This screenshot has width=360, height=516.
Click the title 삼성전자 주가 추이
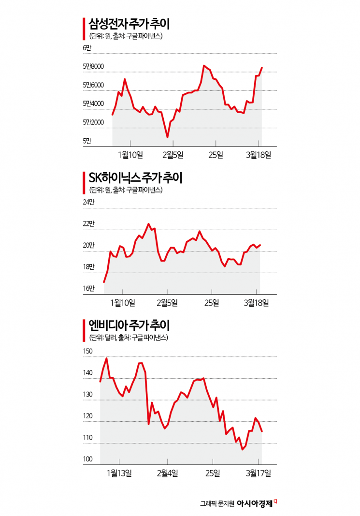pyautogui.click(x=129, y=24)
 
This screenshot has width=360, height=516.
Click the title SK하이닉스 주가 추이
pyautogui.click(x=135, y=178)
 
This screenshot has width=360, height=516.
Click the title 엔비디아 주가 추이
pyautogui.click(x=129, y=325)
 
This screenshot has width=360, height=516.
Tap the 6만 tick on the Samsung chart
pyautogui.click(x=87, y=48)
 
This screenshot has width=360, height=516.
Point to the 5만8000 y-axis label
pyautogui.click(x=93, y=66)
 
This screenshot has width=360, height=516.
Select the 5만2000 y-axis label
pyautogui.click(x=93, y=122)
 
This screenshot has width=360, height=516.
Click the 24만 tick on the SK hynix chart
pyautogui.click(x=89, y=202)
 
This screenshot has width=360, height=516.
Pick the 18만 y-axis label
pyautogui.click(x=89, y=267)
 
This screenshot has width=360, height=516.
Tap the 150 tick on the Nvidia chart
pyautogui.click(x=88, y=351)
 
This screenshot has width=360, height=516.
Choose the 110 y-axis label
pyautogui.click(x=88, y=438)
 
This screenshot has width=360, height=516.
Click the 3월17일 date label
pyautogui.click(x=259, y=473)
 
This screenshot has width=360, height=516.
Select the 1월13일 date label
pyautogui.click(x=119, y=473)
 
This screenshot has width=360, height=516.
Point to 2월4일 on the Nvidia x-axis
pyautogui.click(x=167, y=473)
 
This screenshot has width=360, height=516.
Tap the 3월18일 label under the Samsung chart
pyautogui.click(x=259, y=155)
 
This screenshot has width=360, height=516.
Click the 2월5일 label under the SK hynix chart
pyautogui.click(x=167, y=303)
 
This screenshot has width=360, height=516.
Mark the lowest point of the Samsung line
pyautogui.click(x=167, y=136)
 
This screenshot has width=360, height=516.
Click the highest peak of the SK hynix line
pyautogui.click(x=148, y=224)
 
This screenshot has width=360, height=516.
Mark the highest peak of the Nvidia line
pyautogui.click(x=106, y=358)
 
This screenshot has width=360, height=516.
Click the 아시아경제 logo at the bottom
pyautogui.click(x=255, y=503)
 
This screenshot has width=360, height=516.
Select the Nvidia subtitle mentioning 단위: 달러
pyautogui.click(x=129, y=338)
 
